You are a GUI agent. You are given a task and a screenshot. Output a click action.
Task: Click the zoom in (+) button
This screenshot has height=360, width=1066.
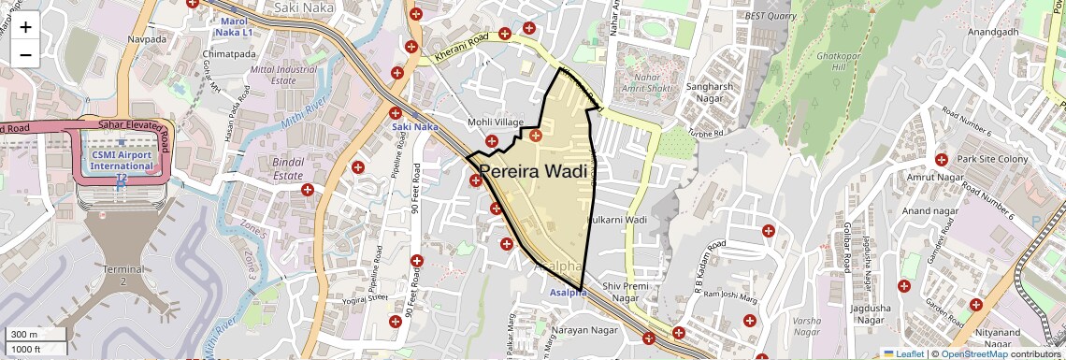tap(25, 26)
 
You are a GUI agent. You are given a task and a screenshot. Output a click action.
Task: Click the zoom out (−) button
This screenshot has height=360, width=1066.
tap(25, 54)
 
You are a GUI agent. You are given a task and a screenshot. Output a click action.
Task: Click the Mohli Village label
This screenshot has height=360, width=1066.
tap(496, 122)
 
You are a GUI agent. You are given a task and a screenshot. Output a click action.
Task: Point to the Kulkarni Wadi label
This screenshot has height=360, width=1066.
tap(617, 220)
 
